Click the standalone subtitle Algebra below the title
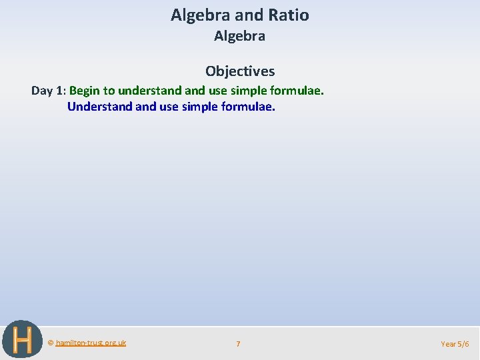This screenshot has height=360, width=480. [239, 37]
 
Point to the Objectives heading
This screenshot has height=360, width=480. [239, 71]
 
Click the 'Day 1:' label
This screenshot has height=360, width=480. [48, 90]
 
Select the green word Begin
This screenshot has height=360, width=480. [84, 90]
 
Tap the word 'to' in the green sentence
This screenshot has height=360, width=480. [109, 90]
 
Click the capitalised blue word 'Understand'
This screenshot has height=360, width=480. [100, 106]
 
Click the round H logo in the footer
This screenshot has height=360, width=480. [22, 340]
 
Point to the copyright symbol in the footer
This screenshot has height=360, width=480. [51, 343]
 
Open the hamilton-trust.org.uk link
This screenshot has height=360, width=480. [91, 343]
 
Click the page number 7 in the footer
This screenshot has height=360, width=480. [238, 344]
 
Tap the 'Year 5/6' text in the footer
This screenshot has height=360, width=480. [455, 344]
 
